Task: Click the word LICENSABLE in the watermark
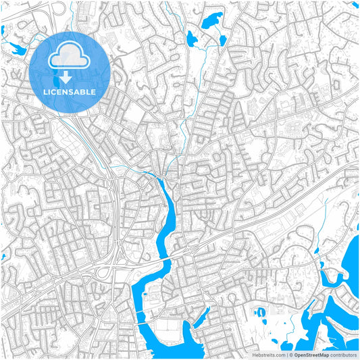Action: (x=70, y=91)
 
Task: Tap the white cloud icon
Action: (x=70, y=55)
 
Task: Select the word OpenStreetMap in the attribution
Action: (x=311, y=355)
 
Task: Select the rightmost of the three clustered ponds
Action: (x=222, y=41)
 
